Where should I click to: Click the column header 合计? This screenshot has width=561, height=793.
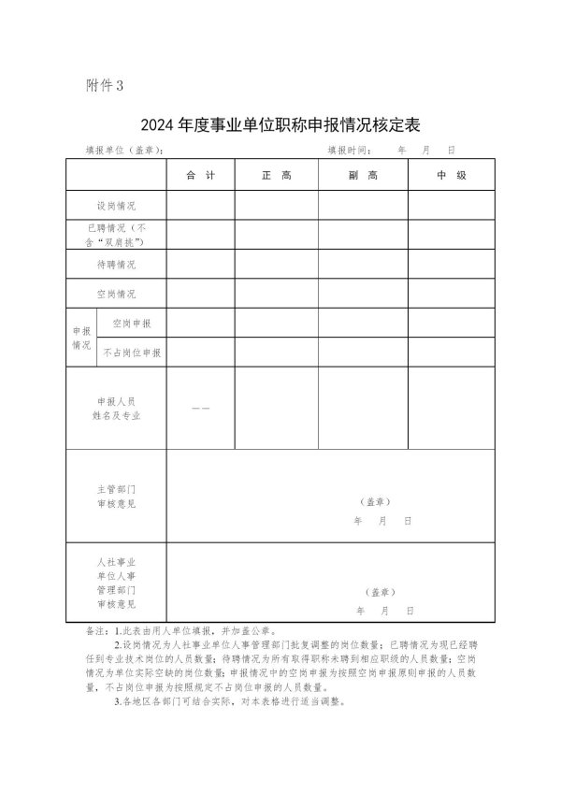(x=200, y=176)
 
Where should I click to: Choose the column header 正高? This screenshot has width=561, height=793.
(x=276, y=176)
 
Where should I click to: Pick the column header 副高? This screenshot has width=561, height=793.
(x=362, y=176)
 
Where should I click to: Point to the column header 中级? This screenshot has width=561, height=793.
(x=452, y=176)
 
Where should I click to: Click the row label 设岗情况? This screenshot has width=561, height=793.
(x=116, y=205)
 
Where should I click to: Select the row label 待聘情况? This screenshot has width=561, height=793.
(x=116, y=265)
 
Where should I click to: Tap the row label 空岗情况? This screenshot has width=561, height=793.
(x=116, y=295)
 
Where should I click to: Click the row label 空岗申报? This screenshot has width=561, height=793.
(x=131, y=324)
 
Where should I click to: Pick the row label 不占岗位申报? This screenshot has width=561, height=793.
(x=131, y=353)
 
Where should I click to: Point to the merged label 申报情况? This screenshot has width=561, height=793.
(x=80, y=338)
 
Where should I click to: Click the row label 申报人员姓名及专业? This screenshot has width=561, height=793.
(x=116, y=408)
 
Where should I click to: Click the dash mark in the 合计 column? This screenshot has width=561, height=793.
(x=200, y=409)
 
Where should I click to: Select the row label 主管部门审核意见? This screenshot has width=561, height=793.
(x=116, y=496)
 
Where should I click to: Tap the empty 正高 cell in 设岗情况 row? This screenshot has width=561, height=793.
(x=276, y=205)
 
